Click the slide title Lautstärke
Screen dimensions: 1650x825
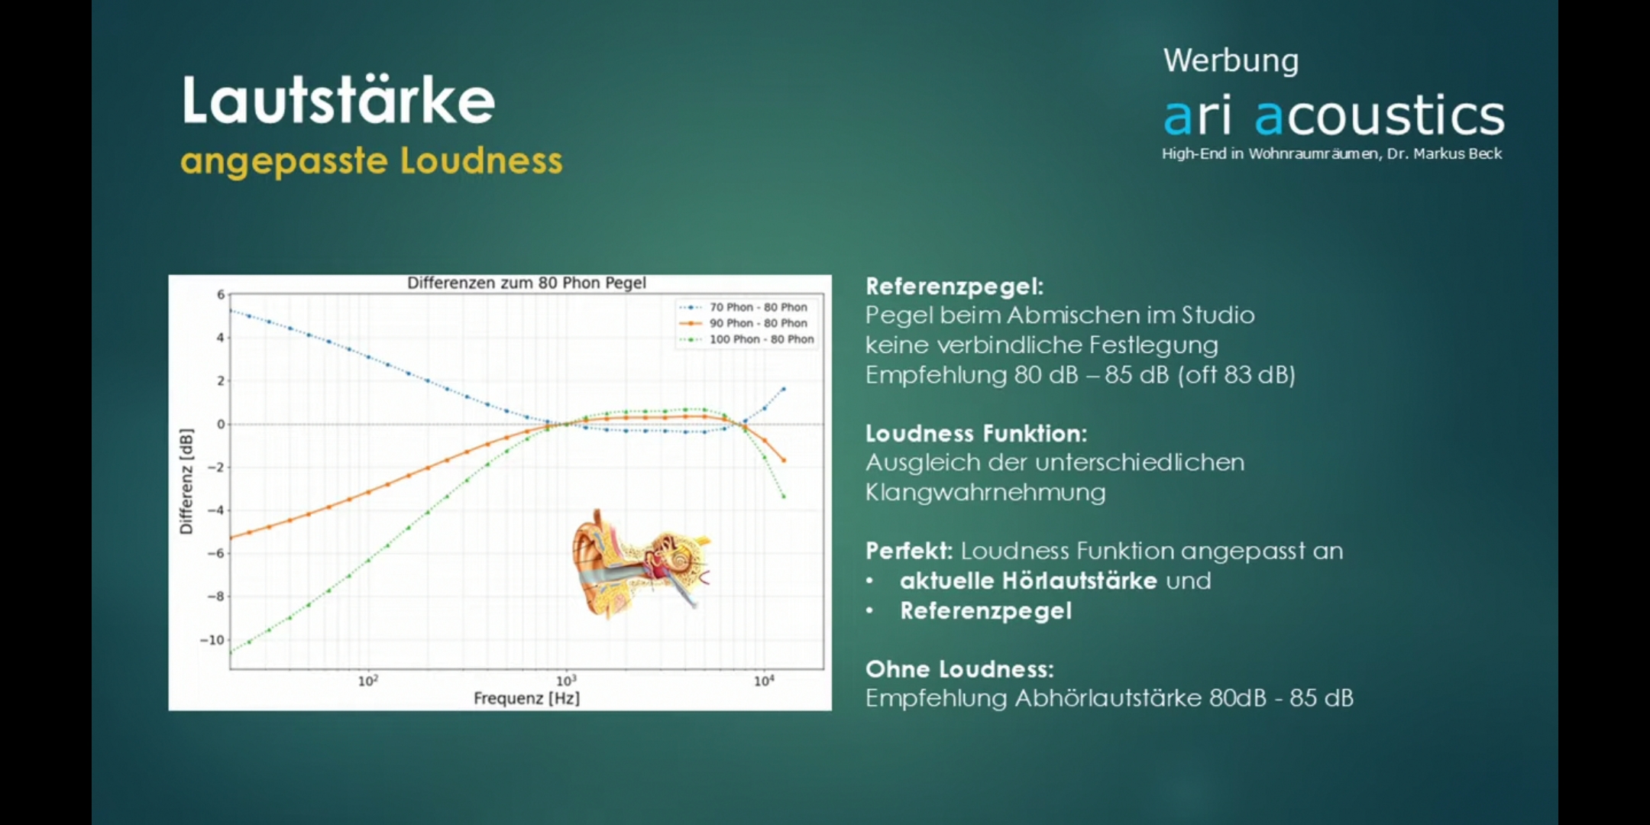(x=338, y=100)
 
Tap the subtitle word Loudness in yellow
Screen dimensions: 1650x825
(x=481, y=162)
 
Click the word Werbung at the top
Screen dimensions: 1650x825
(x=1231, y=61)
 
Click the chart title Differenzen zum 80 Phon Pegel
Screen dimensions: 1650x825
(x=526, y=283)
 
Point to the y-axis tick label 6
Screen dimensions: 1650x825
(x=221, y=295)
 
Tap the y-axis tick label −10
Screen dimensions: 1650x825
(x=212, y=640)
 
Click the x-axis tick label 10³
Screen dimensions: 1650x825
(x=565, y=681)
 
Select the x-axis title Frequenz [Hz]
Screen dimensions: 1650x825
(x=526, y=698)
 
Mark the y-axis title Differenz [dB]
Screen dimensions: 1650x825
(x=186, y=481)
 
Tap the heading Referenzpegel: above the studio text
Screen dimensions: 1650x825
(x=954, y=286)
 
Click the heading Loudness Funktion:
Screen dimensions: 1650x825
(x=975, y=433)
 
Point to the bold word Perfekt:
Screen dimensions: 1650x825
(x=909, y=550)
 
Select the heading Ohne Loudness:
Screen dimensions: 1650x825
(x=959, y=668)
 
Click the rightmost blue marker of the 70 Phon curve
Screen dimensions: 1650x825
(x=783, y=390)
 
